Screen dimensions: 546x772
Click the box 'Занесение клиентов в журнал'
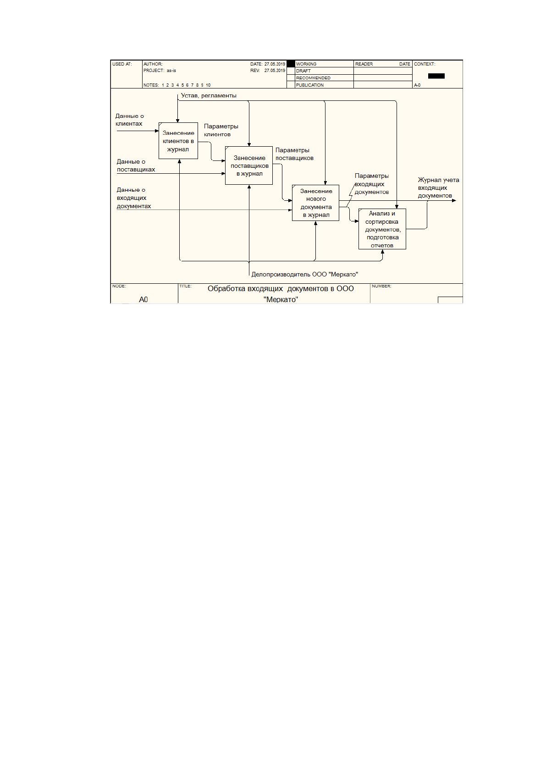coord(178,141)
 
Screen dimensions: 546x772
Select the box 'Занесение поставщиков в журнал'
coord(249,165)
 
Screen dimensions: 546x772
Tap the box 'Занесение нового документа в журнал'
coord(316,203)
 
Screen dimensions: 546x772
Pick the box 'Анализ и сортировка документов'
coord(382,229)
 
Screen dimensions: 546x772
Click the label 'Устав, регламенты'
coord(209,95)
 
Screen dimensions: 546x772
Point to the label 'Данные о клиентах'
coord(129,120)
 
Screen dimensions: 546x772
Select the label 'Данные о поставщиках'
coord(136,165)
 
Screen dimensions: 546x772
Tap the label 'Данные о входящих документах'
coord(134,198)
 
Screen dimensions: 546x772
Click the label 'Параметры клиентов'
coord(221,130)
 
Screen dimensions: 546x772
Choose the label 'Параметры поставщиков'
coord(294,154)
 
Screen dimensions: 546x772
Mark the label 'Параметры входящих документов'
coord(372,184)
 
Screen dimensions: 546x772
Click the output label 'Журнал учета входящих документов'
coord(438,188)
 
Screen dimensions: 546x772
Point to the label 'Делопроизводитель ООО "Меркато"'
coord(305,275)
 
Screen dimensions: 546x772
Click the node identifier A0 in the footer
coord(143,299)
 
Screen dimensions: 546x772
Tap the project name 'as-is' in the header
coord(171,71)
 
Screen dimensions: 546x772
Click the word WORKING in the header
coord(306,64)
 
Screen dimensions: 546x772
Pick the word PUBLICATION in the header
coord(310,85)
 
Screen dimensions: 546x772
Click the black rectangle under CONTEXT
coord(436,76)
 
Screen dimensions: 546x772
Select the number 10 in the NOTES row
coord(208,85)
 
